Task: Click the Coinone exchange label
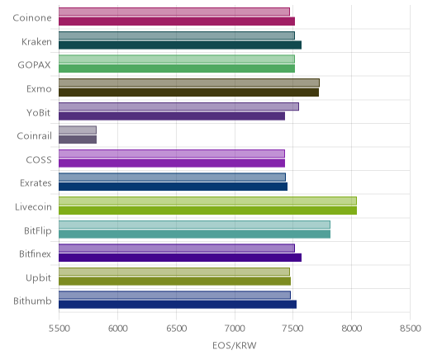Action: point(32,18)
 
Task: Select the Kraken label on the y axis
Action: point(36,41)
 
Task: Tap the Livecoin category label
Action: point(33,206)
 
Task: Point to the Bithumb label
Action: point(32,301)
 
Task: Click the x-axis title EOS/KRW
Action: point(235,345)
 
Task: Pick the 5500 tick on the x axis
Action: point(59,329)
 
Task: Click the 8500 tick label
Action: point(411,329)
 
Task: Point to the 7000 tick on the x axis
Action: point(235,329)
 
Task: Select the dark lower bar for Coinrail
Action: point(78,140)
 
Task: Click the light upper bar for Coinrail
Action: point(78,130)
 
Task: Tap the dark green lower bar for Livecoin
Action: point(207,211)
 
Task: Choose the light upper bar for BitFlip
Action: point(194,225)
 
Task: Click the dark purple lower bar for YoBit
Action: point(172,116)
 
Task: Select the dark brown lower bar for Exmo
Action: point(188,92)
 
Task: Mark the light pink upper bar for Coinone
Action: point(174,12)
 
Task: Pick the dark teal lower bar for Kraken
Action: point(180,45)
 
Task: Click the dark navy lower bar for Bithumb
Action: point(178,305)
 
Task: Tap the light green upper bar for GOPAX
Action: point(177,59)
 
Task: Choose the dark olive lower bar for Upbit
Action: point(174,282)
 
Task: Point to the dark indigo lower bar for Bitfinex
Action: point(180,258)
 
